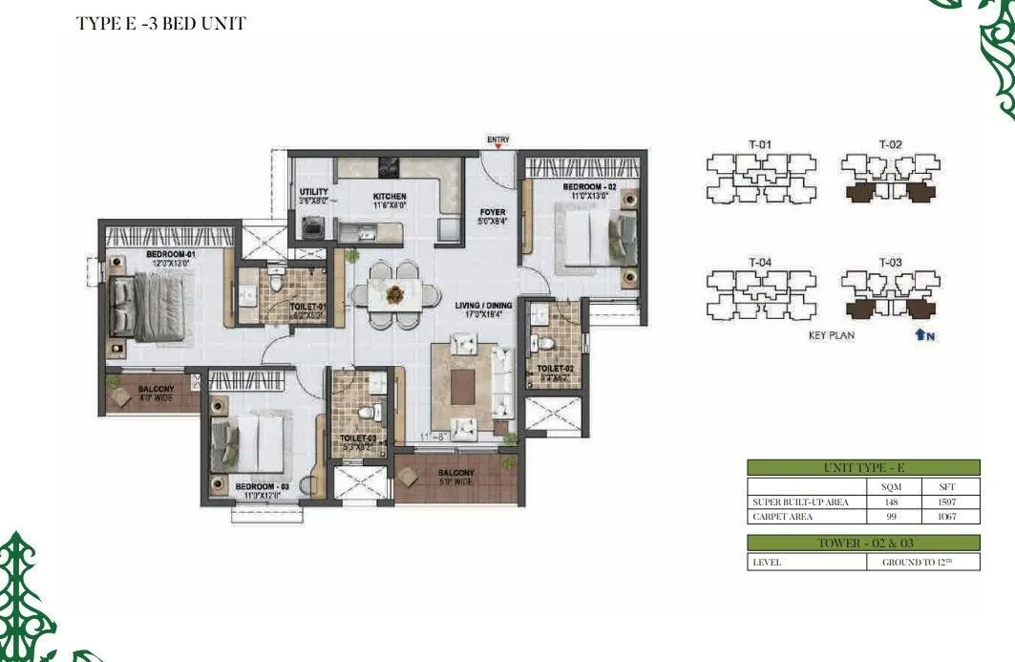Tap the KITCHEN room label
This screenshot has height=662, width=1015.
(x=389, y=197)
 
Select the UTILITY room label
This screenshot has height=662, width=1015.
(x=314, y=192)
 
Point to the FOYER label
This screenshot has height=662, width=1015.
(x=493, y=212)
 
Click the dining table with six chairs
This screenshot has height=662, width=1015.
(x=394, y=293)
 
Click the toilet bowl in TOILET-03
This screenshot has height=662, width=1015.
(x=366, y=413)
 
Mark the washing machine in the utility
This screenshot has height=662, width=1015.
(x=311, y=227)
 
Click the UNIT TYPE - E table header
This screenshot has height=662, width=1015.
(x=863, y=468)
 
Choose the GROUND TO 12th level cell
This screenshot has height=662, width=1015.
(x=919, y=563)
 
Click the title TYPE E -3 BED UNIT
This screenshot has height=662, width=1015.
(x=161, y=24)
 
